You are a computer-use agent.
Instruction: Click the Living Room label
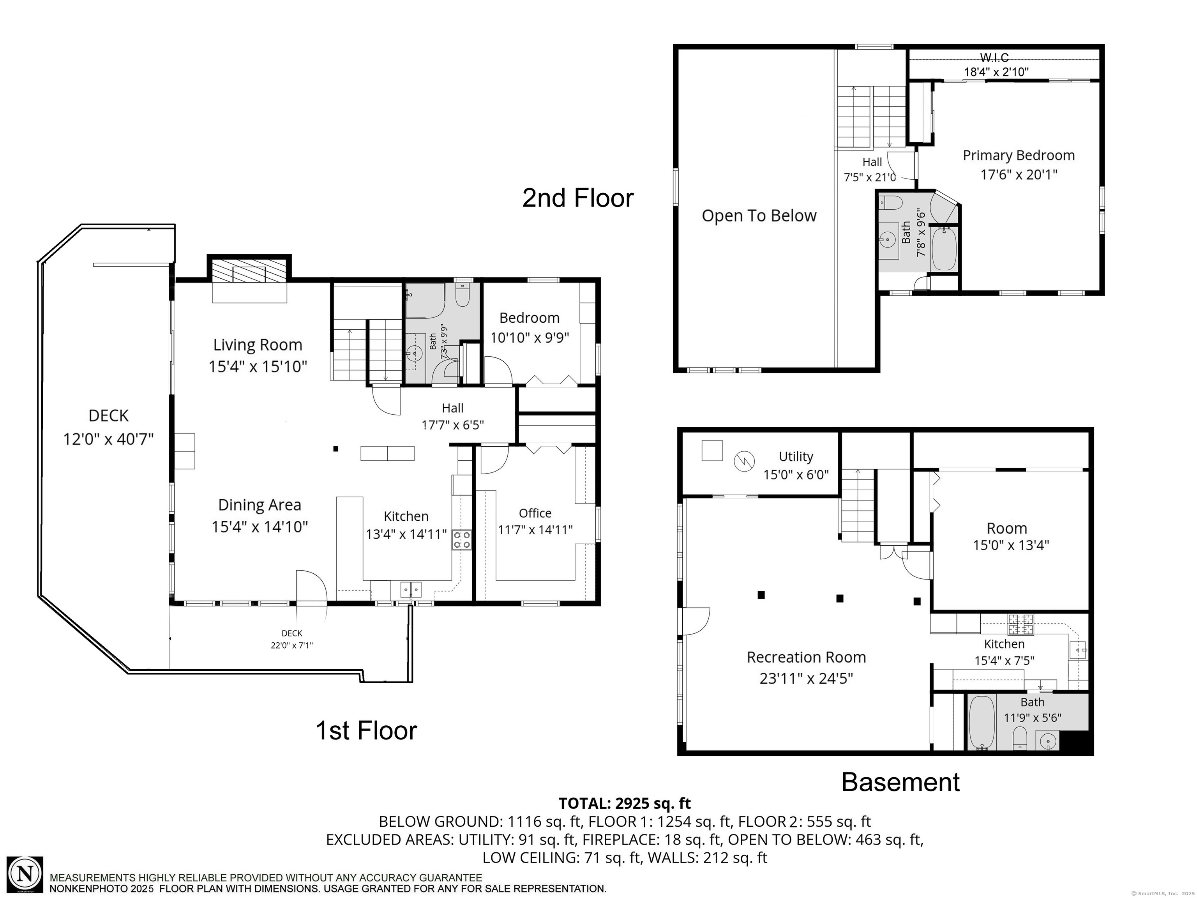258,345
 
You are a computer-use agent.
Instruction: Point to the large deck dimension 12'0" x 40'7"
108,438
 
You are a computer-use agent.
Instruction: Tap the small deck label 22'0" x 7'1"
292,645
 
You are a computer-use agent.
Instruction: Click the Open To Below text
759,216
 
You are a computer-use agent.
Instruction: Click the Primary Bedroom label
1019,156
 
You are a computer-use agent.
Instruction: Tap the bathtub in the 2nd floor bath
944,249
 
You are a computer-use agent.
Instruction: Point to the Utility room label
796,456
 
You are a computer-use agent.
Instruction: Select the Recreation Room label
806,657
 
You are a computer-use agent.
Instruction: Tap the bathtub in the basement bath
980,723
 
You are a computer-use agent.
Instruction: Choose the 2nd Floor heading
577,198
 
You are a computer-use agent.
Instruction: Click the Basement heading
900,782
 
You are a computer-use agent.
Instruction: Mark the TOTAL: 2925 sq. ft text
625,803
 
